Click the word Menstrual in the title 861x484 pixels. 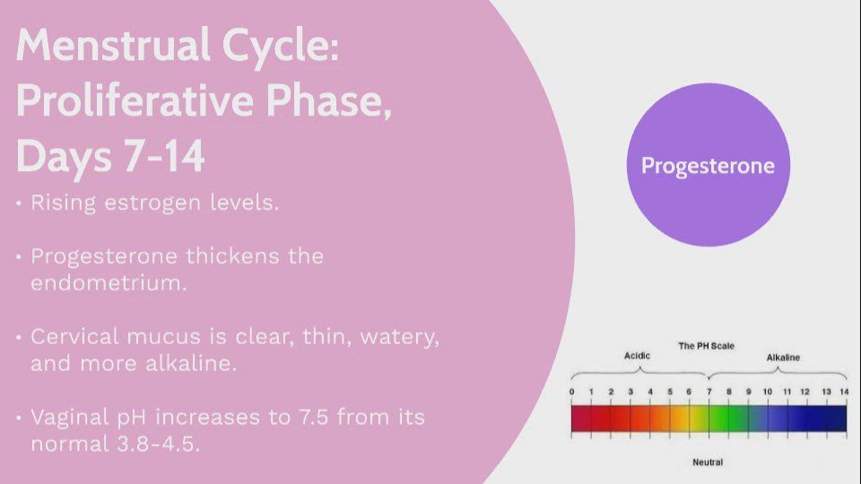point(113,46)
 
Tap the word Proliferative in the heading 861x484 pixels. point(136,101)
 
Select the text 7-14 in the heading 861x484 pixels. point(164,156)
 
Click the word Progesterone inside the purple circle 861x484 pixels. point(708,167)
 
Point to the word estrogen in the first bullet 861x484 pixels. point(152,204)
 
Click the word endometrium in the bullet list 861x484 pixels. point(109,283)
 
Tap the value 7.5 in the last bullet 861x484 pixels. point(314,417)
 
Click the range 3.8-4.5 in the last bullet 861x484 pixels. point(159,444)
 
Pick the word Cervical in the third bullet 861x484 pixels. point(74,336)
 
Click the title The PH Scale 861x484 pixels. point(706,346)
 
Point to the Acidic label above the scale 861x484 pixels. point(637,356)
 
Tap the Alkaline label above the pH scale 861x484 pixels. point(783,358)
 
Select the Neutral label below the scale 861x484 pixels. point(708,462)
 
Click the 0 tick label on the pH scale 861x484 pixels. point(571,392)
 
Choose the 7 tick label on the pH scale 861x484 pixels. point(709,392)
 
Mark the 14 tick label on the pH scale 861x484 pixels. point(844,392)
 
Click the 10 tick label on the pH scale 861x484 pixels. point(767,392)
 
